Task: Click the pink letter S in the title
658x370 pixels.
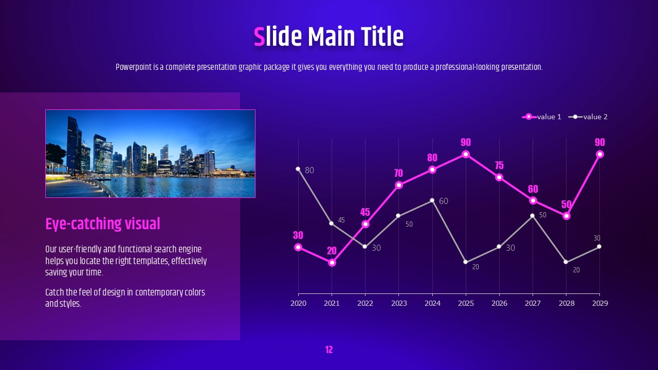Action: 260,36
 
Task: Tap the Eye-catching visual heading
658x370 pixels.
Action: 103,224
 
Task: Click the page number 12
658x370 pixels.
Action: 329,350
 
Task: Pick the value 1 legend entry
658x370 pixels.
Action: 541,117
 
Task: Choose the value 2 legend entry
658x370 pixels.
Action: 588,117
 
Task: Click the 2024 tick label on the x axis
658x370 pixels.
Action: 432,303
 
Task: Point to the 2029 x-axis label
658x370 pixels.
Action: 600,303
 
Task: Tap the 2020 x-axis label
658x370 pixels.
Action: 298,303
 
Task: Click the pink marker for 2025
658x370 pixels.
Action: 466,154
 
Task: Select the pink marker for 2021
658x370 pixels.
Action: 332,263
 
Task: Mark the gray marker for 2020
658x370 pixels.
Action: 298,169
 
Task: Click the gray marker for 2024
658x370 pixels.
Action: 432,200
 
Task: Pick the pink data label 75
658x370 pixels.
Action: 499,165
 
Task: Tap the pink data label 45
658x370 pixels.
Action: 365,212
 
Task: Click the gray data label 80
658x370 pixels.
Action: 309,170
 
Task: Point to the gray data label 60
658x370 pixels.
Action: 444,201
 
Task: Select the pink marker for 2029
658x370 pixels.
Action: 600,154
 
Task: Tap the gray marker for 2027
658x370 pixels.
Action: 532,216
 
